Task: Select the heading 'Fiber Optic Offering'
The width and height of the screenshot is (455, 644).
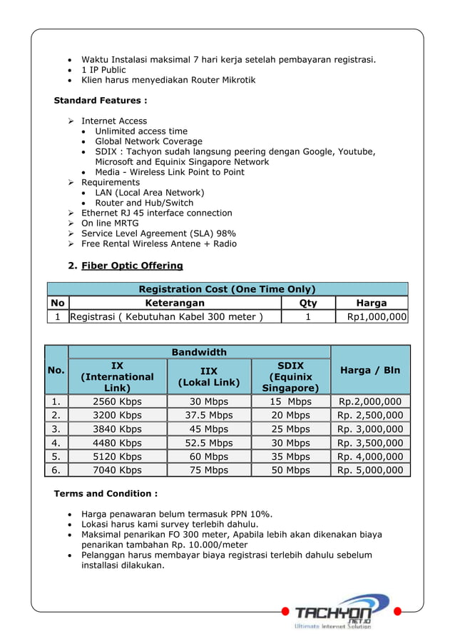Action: (132, 266)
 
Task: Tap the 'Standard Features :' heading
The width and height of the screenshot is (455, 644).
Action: (101, 100)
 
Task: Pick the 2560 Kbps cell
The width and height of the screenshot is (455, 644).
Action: (117, 401)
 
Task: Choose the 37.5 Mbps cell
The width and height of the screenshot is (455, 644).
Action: (209, 415)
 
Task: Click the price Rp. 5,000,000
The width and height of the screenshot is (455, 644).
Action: (370, 470)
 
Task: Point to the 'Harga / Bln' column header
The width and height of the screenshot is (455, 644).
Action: (370, 371)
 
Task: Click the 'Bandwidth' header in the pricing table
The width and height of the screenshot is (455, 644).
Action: (199, 352)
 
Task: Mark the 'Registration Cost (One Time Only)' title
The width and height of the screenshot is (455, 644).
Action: (227, 289)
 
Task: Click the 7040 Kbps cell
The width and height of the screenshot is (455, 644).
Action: (117, 470)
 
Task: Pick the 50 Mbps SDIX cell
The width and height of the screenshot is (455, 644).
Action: (290, 470)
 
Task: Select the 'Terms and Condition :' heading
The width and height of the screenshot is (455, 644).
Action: (106, 493)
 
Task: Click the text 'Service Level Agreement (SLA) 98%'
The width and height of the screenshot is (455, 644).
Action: (158, 233)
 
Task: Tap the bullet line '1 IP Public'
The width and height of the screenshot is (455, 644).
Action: (103, 69)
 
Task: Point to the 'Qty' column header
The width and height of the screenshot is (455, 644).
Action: (309, 303)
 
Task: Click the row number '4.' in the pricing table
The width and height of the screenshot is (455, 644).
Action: (56, 443)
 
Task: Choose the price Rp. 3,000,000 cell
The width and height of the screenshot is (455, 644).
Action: (370, 429)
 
